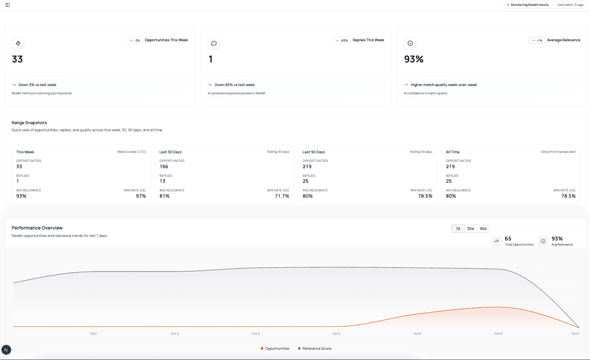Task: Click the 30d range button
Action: [470, 229]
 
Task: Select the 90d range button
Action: [483, 229]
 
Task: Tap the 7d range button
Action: [458, 229]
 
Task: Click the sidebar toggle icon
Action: [7, 5]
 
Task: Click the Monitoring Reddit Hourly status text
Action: [529, 5]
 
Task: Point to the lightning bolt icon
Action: [18, 43]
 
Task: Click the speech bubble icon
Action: [214, 43]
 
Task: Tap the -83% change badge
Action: [341, 40]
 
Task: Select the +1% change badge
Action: [537, 40]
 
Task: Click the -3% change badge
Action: [135, 40]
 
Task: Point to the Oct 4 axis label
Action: [336, 334]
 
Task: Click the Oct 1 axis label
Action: [94, 334]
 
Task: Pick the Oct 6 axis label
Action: [498, 334]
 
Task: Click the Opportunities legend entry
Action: [275, 349]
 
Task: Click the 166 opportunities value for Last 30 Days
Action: [164, 167]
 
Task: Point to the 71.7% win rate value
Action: [282, 196]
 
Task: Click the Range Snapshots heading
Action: [29, 123]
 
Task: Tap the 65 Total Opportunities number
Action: [508, 239]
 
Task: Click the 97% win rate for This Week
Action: [141, 196]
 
